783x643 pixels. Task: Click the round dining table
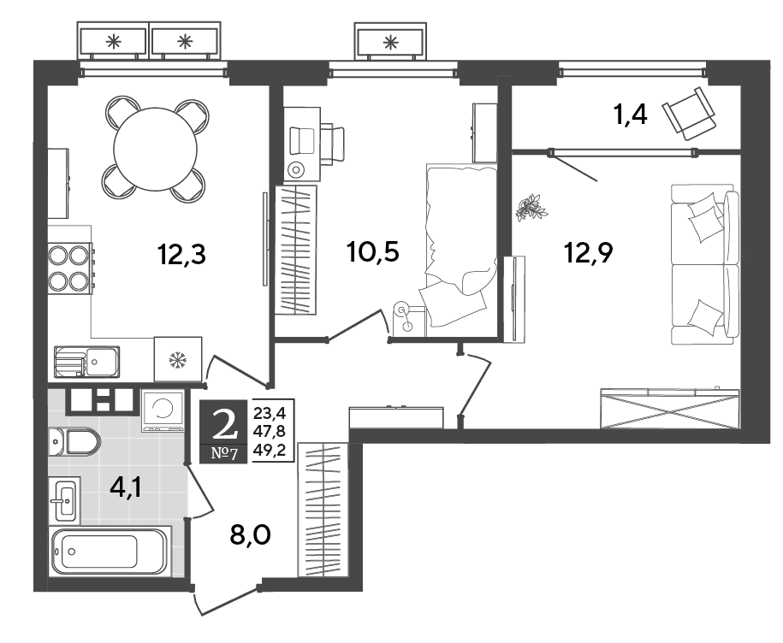[155, 149]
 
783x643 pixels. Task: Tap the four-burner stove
[70, 268]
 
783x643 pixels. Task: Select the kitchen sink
[86, 362]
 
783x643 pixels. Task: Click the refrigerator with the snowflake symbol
[178, 359]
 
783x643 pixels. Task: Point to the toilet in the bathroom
[75, 441]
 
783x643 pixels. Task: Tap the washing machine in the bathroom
[162, 410]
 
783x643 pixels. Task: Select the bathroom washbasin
[64, 500]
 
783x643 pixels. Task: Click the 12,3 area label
[181, 255]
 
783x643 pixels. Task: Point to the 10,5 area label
[373, 252]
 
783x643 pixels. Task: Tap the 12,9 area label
[588, 252]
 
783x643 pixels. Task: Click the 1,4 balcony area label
[630, 115]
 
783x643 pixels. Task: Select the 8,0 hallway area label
[250, 534]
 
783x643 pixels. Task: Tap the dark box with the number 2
[223, 432]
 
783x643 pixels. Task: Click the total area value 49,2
[270, 451]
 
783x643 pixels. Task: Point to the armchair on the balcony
[690, 114]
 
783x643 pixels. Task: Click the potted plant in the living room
[531, 207]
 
